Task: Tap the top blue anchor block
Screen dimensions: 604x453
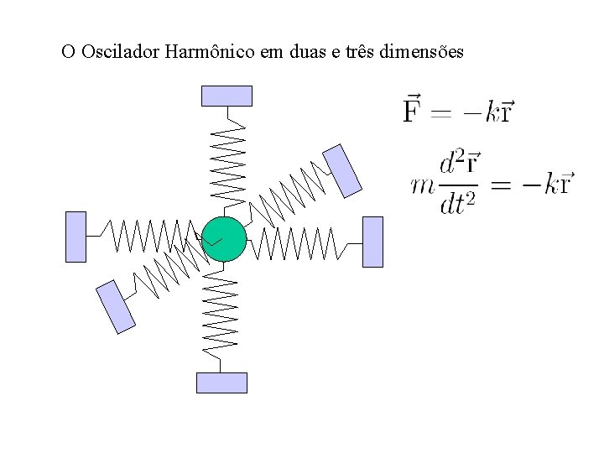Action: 226,96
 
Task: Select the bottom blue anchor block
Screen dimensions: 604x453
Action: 221,383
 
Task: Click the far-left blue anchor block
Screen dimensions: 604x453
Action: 75,237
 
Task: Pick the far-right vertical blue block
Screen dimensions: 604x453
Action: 372,242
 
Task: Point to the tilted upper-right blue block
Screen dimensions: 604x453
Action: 342,171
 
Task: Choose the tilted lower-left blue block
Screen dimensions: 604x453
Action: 116,306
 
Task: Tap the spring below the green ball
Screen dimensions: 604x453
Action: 221,312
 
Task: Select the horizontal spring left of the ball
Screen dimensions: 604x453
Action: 148,236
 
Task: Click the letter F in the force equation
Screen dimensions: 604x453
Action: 412,110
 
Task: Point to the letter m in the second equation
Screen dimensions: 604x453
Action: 423,185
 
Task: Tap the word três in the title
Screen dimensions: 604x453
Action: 359,52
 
